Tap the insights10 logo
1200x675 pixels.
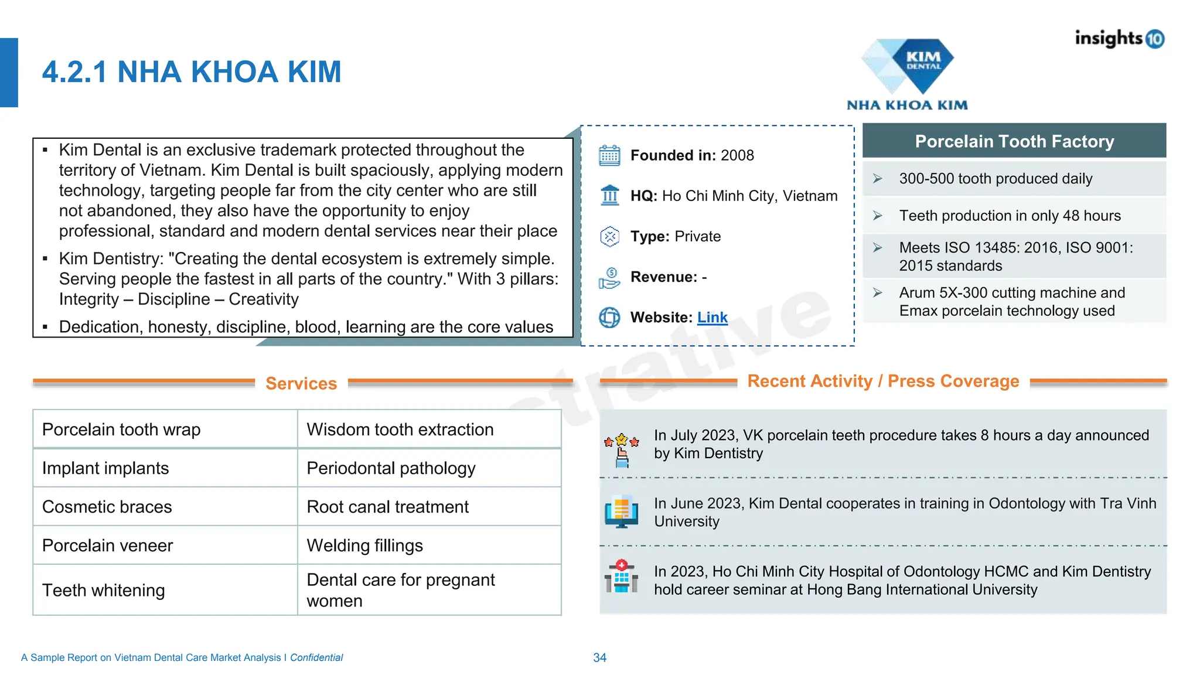click(1119, 39)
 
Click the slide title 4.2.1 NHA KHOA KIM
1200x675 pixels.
click(192, 72)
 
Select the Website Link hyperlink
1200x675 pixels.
click(712, 318)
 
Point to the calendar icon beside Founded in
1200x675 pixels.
click(609, 156)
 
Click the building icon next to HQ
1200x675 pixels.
click(609, 196)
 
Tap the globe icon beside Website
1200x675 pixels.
click(609, 318)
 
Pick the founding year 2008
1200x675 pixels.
click(737, 155)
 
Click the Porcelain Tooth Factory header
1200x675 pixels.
click(1014, 141)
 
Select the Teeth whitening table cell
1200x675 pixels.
click(104, 590)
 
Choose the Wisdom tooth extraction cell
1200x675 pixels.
click(400, 429)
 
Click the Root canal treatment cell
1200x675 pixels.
click(387, 507)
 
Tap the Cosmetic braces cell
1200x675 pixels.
click(107, 507)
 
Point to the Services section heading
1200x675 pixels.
click(301, 383)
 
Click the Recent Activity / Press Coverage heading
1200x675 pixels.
click(883, 381)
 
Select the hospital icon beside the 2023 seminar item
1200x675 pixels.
click(621, 577)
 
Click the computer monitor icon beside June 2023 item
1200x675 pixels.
click(621, 512)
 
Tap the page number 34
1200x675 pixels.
click(599, 657)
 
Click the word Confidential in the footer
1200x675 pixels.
click(316, 657)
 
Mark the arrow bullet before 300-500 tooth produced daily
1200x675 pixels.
click(877, 179)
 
